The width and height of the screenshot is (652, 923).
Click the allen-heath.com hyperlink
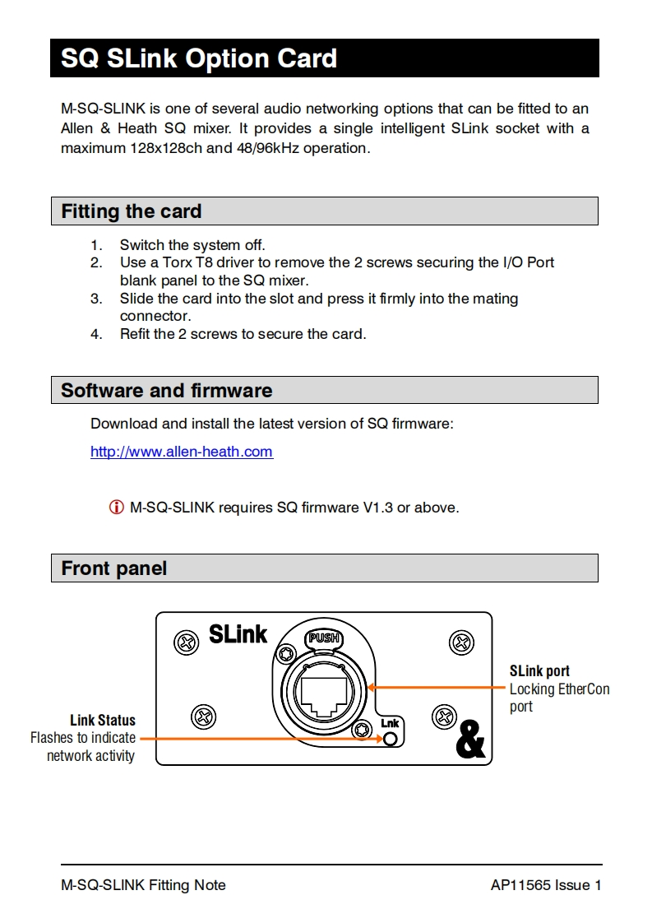tap(181, 452)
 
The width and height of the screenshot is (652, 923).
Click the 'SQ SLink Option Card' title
tap(199, 58)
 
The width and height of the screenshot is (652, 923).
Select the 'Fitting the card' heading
tap(132, 211)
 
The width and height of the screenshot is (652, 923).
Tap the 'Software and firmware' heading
tap(167, 390)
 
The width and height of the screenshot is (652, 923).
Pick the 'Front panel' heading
tap(114, 568)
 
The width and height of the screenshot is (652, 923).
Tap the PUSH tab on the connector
tap(323, 638)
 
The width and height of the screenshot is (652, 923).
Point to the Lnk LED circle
tap(391, 739)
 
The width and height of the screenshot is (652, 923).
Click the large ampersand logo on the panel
tap(469, 740)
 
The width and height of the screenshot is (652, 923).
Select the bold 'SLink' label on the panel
tap(238, 634)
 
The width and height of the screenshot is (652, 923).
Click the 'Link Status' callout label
tap(103, 721)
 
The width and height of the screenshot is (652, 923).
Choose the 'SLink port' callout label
tap(539, 671)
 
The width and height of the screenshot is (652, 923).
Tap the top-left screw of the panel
tap(187, 641)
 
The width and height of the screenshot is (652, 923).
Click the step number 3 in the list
tap(96, 299)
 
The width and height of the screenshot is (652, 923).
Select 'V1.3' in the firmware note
tap(378, 508)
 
